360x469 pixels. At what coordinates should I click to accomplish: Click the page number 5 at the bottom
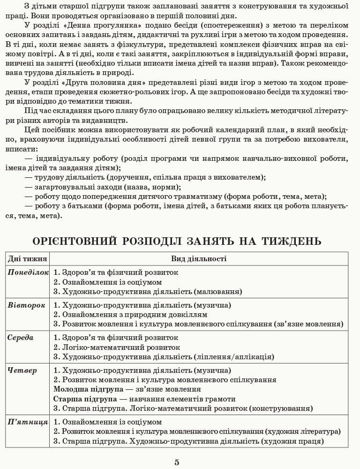[x=177, y=462]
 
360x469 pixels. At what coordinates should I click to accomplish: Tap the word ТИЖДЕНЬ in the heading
[x=288, y=241]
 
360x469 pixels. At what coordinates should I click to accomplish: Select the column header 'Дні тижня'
[x=27, y=258]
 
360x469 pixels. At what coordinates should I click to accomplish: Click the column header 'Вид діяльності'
[x=198, y=258]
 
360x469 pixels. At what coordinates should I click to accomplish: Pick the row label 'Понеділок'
[x=28, y=272]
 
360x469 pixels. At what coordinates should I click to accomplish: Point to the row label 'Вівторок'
[x=26, y=305]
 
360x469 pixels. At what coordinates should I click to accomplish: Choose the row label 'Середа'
[x=21, y=337]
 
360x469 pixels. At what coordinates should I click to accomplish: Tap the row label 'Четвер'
[x=22, y=370]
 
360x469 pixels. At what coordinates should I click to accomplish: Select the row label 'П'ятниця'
[x=28, y=422]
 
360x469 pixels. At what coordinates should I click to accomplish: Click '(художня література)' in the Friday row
[x=303, y=431]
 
